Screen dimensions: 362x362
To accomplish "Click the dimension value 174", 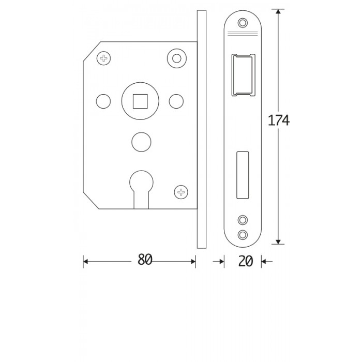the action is point(278,120).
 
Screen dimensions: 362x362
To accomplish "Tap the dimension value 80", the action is point(145,259).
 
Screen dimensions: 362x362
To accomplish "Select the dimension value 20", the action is point(246,261).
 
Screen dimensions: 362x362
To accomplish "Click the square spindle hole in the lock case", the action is point(140,101).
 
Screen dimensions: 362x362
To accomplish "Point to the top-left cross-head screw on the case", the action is point(103,58).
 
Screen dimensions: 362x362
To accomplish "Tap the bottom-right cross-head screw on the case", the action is point(181,192).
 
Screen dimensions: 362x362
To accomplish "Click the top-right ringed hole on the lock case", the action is point(177,58).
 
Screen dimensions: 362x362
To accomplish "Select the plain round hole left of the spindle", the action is point(103,101).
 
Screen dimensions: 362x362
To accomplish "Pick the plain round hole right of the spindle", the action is point(176,101).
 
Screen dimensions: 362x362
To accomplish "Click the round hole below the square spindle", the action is point(141,142).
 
